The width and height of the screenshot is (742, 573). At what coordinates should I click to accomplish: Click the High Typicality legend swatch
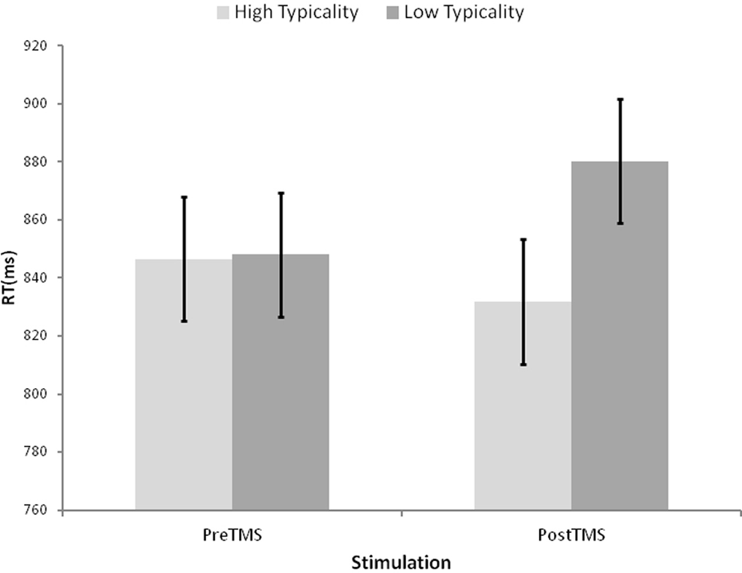(223, 12)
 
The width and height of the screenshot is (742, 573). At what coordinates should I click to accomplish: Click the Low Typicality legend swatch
(393, 12)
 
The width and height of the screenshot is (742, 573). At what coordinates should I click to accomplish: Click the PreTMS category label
(232, 535)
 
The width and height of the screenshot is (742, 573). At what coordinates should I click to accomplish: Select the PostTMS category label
(571, 535)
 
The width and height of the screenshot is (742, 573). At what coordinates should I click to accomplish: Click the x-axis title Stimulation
(401, 562)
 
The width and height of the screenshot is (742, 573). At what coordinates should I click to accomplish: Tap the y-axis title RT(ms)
(10, 278)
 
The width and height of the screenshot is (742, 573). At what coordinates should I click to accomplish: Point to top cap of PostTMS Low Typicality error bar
(620, 100)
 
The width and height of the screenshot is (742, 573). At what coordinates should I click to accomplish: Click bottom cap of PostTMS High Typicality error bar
(523, 365)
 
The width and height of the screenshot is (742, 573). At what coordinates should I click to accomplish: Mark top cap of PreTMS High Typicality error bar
(184, 197)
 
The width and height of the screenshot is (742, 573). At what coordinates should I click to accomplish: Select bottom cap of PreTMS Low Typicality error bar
(281, 317)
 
